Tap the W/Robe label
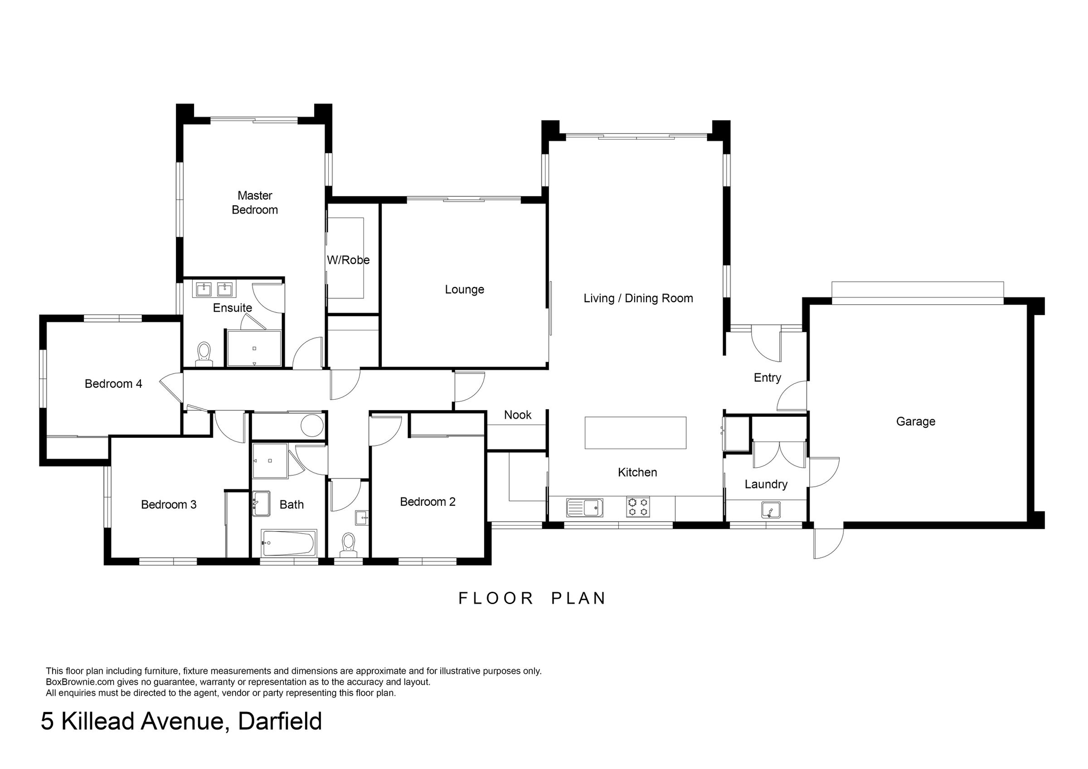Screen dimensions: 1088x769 pos(348,260)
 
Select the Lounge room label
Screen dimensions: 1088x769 pos(464,290)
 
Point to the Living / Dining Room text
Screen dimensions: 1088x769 pos(638,298)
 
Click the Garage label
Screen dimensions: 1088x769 pos(916,421)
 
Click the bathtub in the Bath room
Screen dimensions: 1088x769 pos(289,543)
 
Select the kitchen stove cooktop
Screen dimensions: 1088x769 pos(638,507)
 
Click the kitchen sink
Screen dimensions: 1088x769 pos(584,508)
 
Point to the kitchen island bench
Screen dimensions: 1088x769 pos(636,432)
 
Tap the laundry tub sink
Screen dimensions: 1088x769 pos(771,510)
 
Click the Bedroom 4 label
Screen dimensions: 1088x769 pos(113,383)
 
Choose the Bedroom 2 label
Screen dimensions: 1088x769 pos(427,501)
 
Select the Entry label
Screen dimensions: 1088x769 pos(767,377)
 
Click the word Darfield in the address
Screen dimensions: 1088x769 pos(280,721)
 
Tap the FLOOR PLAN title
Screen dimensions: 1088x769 pos(532,598)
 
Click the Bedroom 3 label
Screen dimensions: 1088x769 pos(169,504)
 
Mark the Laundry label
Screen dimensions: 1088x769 pos(766,484)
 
